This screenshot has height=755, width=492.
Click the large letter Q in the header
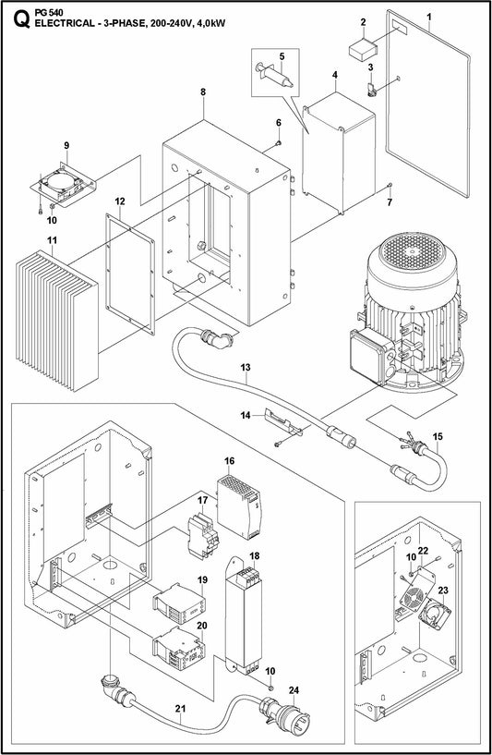coord(13,15)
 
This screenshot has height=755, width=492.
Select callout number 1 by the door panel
coord(428,16)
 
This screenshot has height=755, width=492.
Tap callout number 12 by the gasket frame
coord(120,201)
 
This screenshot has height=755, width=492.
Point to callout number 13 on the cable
coord(246,368)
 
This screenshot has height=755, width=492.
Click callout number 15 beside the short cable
coord(438,435)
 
